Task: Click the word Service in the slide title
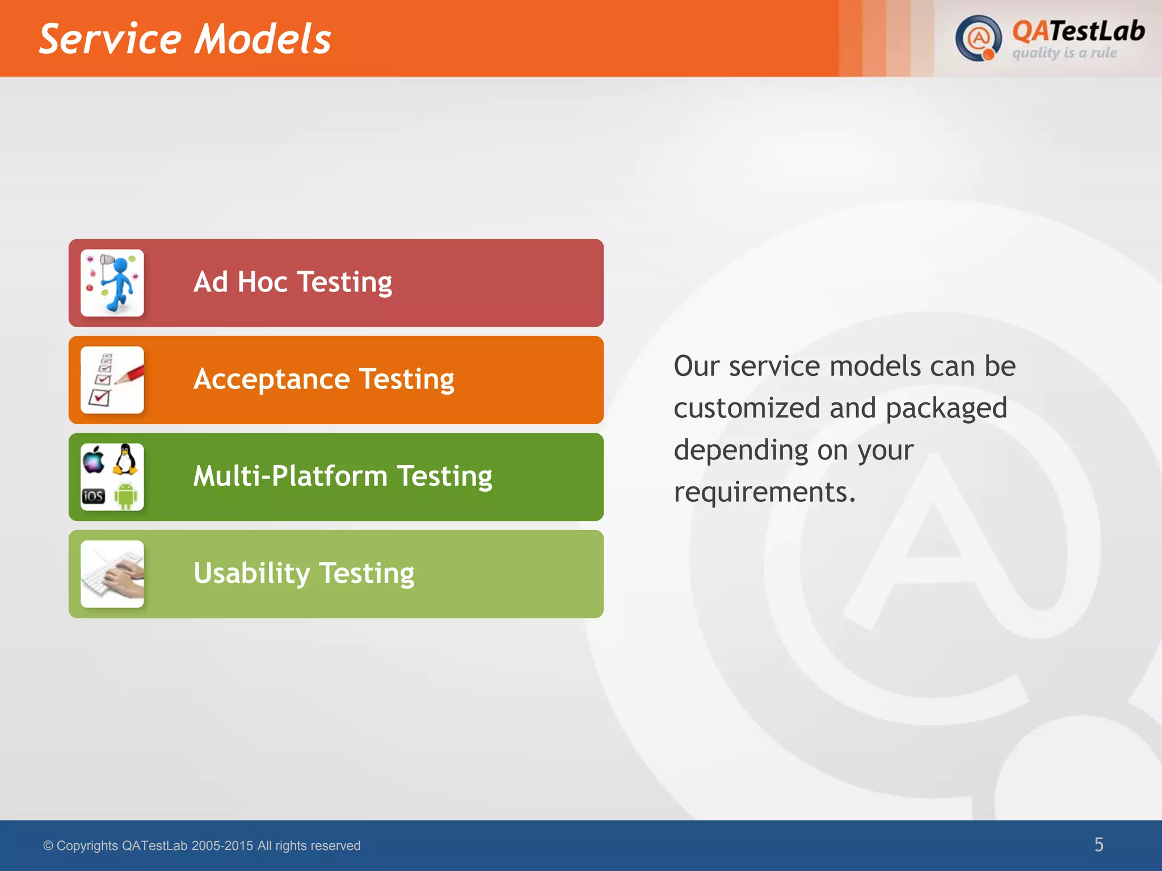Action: click(110, 39)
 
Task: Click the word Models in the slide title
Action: click(263, 39)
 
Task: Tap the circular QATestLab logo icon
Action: click(978, 39)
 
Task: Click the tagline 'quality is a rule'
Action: click(1064, 53)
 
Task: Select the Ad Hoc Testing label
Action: click(292, 282)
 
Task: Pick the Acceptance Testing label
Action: click(323, 379)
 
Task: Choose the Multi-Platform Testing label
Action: click(343, 476)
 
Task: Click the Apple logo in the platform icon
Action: click(94, 459)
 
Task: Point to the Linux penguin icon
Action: click(125, 459)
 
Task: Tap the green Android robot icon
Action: click(125, 495)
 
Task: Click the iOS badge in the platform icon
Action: click(94, 496)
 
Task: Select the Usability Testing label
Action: click(304, 573)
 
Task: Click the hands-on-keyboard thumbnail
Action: click(112, 574)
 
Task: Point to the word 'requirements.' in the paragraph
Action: click(764, 492)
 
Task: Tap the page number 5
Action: click(1098, 844)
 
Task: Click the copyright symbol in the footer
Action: click(48, 845)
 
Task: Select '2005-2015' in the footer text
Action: click(222, 845)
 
